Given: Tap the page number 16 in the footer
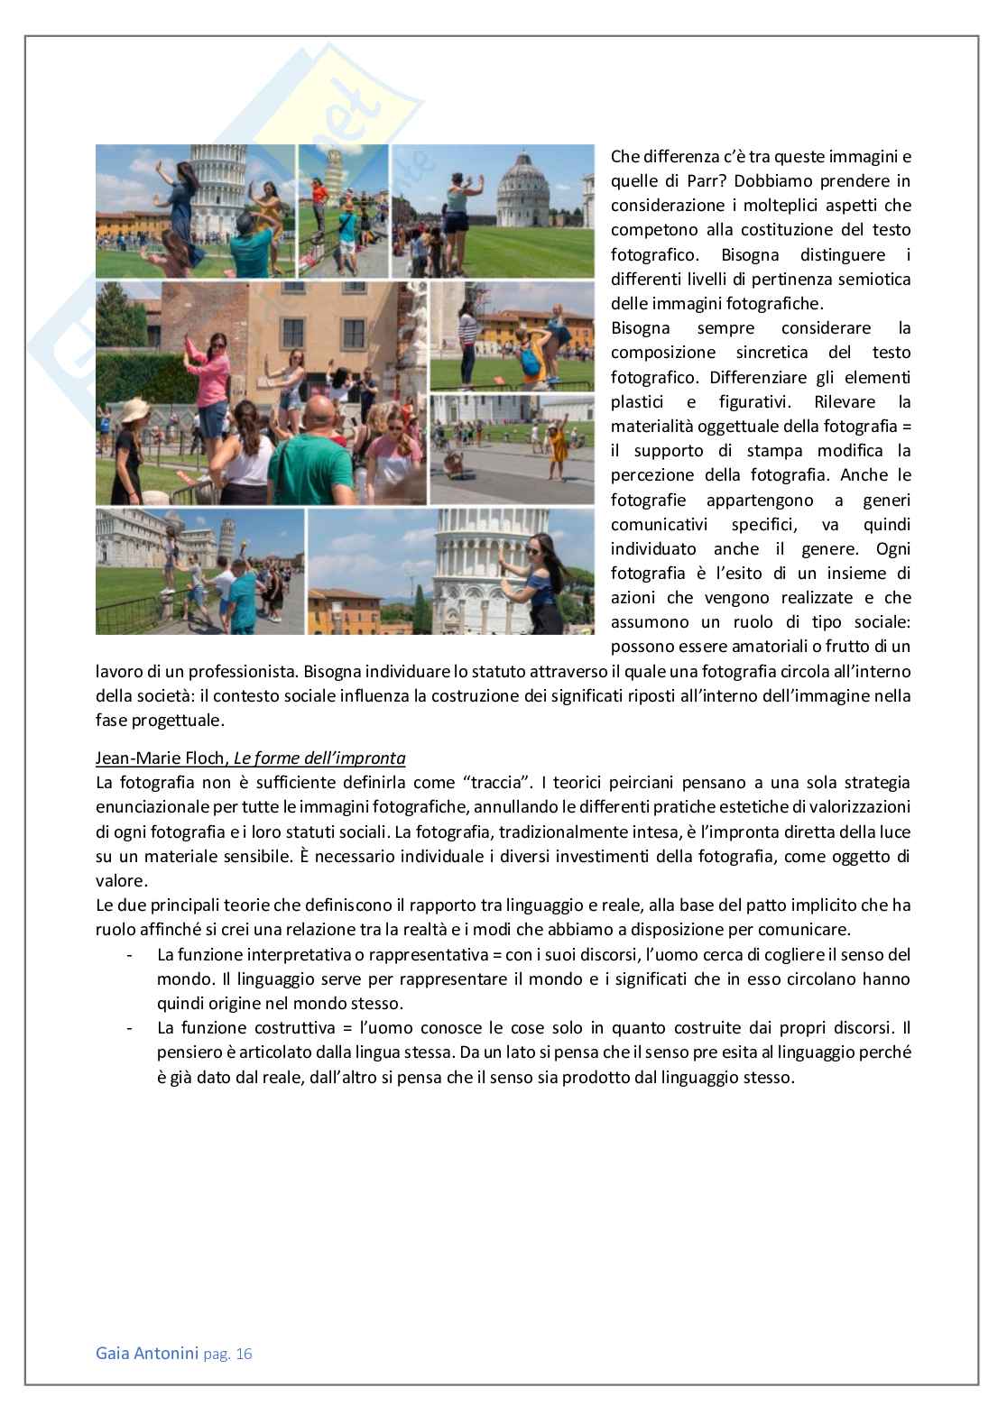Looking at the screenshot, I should (244, 1355).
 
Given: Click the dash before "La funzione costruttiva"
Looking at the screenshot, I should (131, 1028).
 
